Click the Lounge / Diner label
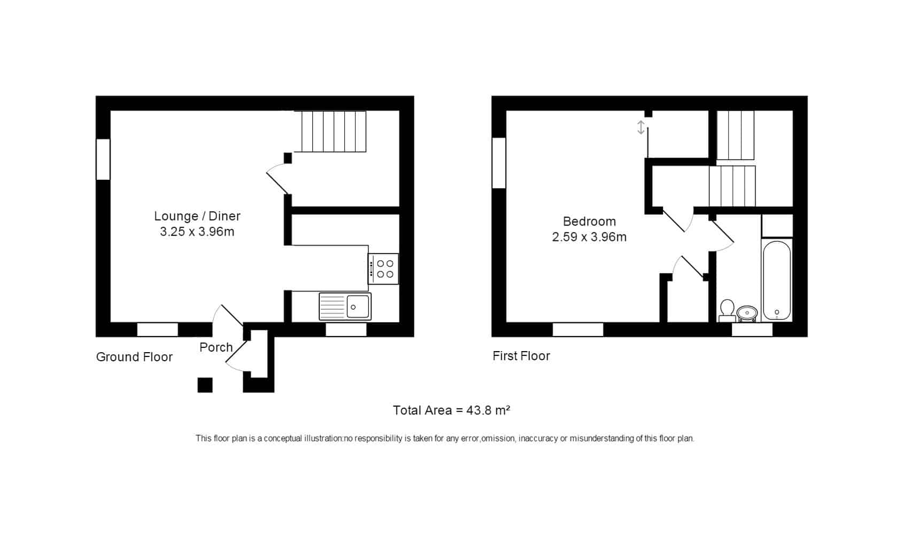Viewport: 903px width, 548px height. (197, 216)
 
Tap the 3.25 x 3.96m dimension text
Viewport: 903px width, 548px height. (197, 232)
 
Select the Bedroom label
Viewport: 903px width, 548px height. (589, 221)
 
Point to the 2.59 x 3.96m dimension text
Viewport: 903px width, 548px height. (589, 237)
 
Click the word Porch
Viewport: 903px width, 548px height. (216, 347)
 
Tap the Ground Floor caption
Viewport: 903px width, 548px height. (134, 357)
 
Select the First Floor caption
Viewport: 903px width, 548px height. (521, 356)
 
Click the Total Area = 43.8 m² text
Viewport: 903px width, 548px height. (451, 410)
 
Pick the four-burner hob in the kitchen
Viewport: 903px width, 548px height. (383, 269)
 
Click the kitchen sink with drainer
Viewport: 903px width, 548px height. (345, 307)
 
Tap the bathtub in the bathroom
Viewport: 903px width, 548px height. (777, 280)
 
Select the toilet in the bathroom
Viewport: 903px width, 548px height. (727, 310)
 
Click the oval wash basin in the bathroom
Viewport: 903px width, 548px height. (747, 313)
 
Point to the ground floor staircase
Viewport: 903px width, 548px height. (330, 132)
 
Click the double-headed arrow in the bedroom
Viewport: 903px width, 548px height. (641, 127)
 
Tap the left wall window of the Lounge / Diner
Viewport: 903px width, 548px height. (103, 159)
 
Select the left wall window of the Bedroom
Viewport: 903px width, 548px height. (499, 163)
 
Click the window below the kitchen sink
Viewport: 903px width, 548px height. (346, 330)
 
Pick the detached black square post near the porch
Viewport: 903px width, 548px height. (205, 385)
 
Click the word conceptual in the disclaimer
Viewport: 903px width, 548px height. (282, 438)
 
